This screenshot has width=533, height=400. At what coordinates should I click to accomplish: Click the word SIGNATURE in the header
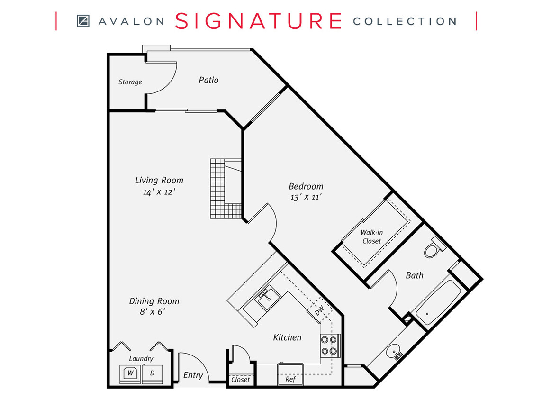(x=258, y=21)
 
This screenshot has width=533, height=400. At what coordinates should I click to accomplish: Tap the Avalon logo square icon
(x=83, y=21)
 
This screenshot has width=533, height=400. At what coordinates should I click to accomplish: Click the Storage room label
(x=130, y=82)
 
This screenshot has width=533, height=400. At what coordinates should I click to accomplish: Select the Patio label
(x=208, y=80)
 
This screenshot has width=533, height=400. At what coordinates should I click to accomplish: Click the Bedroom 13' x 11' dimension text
(x=306, y=197)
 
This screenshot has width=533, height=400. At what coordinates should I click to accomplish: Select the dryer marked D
(x=152, y=373)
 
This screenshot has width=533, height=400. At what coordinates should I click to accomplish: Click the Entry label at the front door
(x=193, y=375)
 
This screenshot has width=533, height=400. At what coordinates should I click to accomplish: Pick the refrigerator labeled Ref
(x=290, y=380)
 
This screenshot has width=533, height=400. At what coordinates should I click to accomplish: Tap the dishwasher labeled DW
(x=319, y=309)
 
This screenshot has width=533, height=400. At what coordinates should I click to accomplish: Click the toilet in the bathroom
(x=433, y=249)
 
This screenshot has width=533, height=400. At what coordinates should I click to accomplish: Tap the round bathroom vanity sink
(x=394, y=353)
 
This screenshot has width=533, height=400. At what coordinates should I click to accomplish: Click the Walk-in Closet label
(x=371, y=236)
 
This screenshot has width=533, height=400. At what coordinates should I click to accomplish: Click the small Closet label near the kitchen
(x=241, y=380)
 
